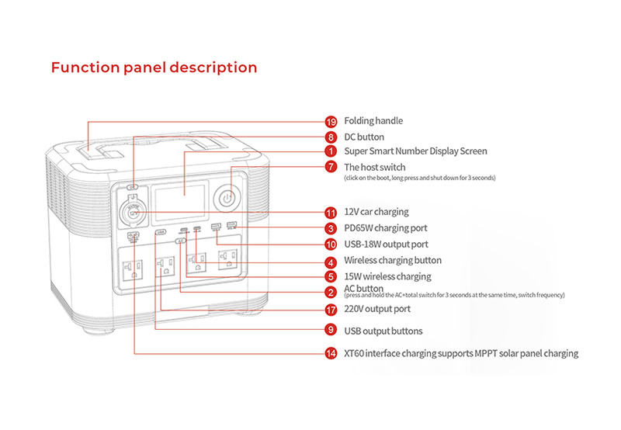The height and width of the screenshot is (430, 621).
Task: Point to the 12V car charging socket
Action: point(134,210)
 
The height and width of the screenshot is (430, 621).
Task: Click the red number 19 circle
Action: point(331,121)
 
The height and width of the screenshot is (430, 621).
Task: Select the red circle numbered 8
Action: point(331,137)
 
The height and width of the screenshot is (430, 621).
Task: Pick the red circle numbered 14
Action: point(331,353)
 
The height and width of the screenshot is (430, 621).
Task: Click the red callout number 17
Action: point(331,309)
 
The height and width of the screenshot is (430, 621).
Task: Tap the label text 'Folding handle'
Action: point(373,121)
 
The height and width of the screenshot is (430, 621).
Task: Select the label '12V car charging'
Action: point(376,212)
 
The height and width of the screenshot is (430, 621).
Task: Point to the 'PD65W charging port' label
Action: point(385,228)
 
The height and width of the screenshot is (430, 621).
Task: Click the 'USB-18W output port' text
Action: point(386,244)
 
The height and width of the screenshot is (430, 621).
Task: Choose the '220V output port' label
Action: point(377,309)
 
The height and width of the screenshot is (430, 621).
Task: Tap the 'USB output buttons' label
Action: point(383,331)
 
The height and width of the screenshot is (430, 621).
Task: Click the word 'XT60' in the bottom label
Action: point(357,353)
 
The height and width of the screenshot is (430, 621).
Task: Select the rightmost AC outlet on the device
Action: point(227,262)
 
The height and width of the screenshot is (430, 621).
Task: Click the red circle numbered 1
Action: point(331,151)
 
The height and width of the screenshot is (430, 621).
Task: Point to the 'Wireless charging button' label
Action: point(393,261)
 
